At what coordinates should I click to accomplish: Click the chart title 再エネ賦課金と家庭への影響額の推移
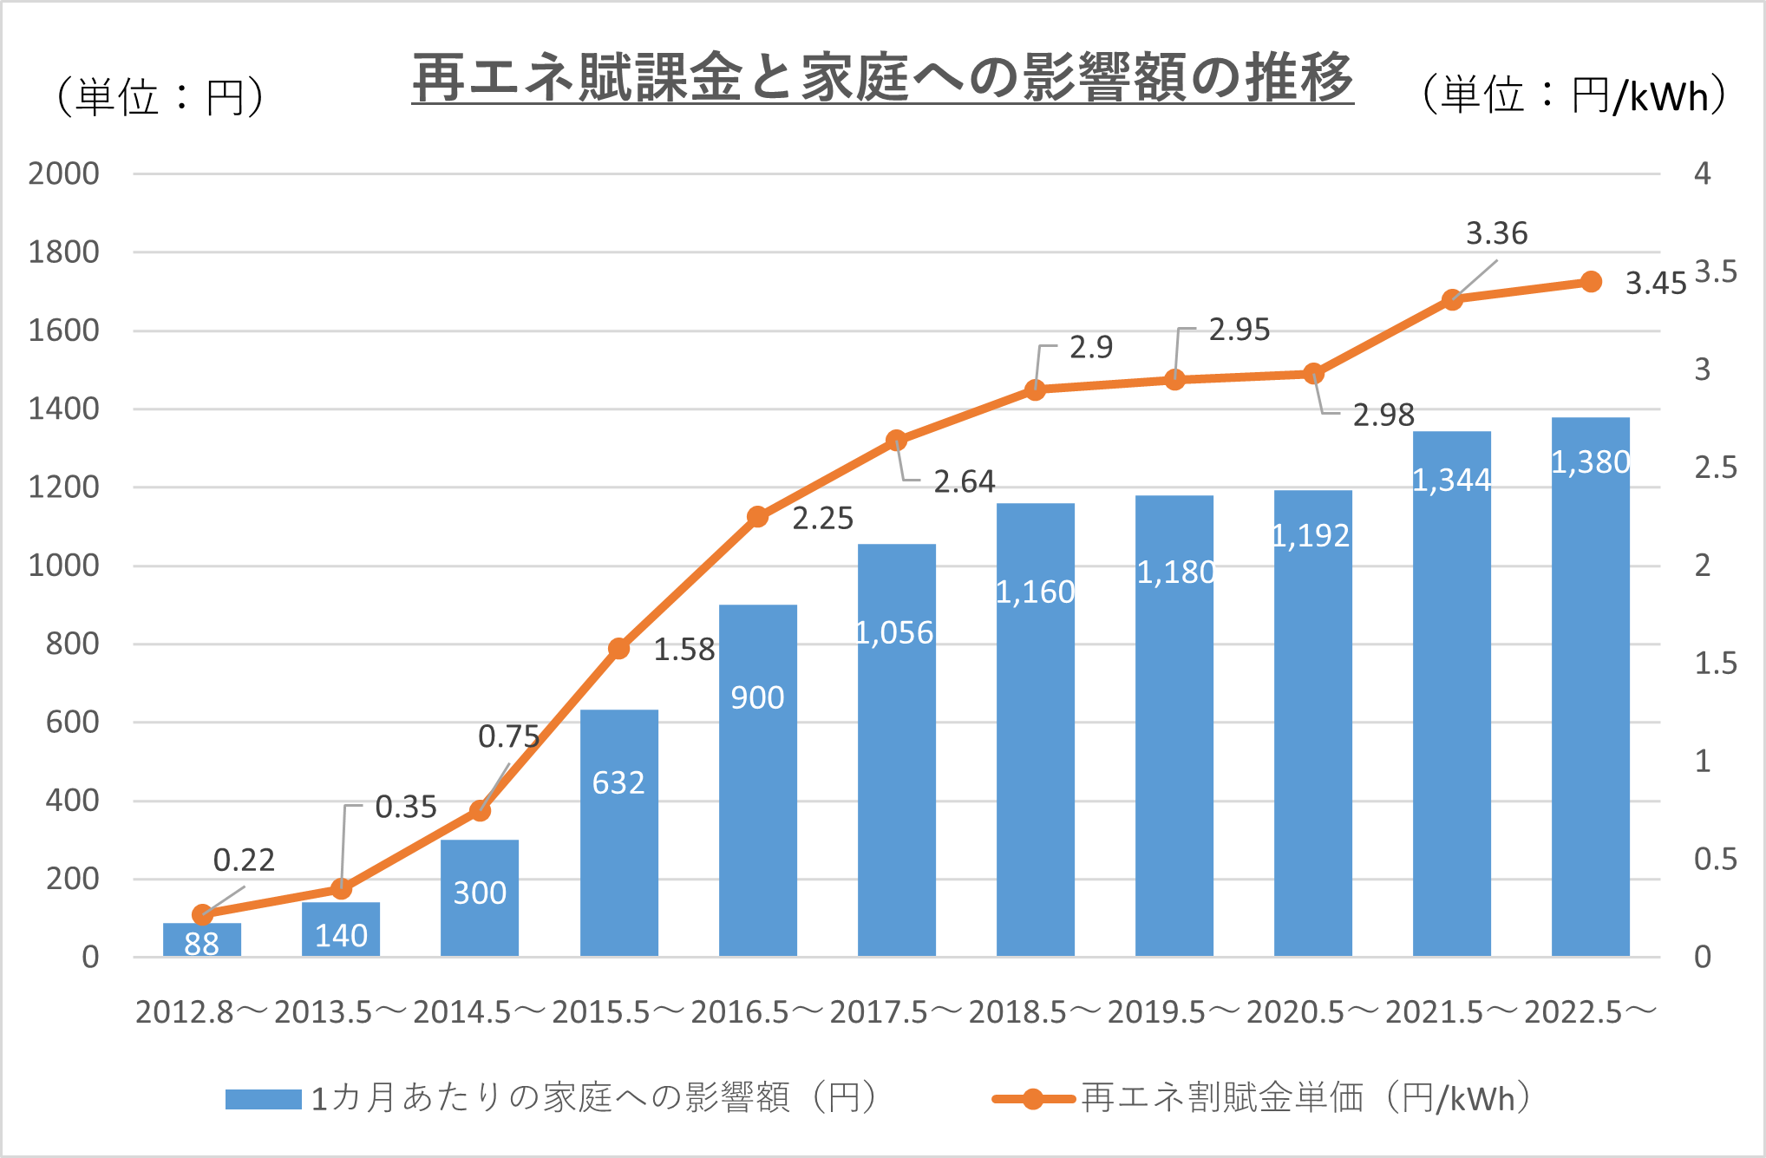point(882,78)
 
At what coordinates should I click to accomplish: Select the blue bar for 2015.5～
point(618,833)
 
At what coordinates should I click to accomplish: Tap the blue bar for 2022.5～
point(1590,694)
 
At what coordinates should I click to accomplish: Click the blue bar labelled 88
point(202,940)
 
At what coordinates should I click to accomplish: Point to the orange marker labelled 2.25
point(757,517)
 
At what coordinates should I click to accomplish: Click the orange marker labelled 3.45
point(1591,282)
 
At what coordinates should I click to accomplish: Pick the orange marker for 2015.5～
point(618,649)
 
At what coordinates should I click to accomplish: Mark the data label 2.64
point(964,481)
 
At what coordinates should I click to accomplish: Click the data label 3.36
point(1496,233)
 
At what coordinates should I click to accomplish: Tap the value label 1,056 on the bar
point(894,633)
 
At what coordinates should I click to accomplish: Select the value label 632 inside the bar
point(618,783)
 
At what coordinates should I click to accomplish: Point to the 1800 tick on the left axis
point(63,252)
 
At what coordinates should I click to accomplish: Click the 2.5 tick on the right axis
point(1715,468)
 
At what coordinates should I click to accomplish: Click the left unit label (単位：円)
point(160,96)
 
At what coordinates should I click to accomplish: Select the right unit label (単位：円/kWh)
point(1573,95)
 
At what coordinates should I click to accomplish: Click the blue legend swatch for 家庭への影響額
point(263,1099)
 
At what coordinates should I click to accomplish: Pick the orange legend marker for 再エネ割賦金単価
point(1033,1099)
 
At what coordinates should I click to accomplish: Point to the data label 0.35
point(405,808)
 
